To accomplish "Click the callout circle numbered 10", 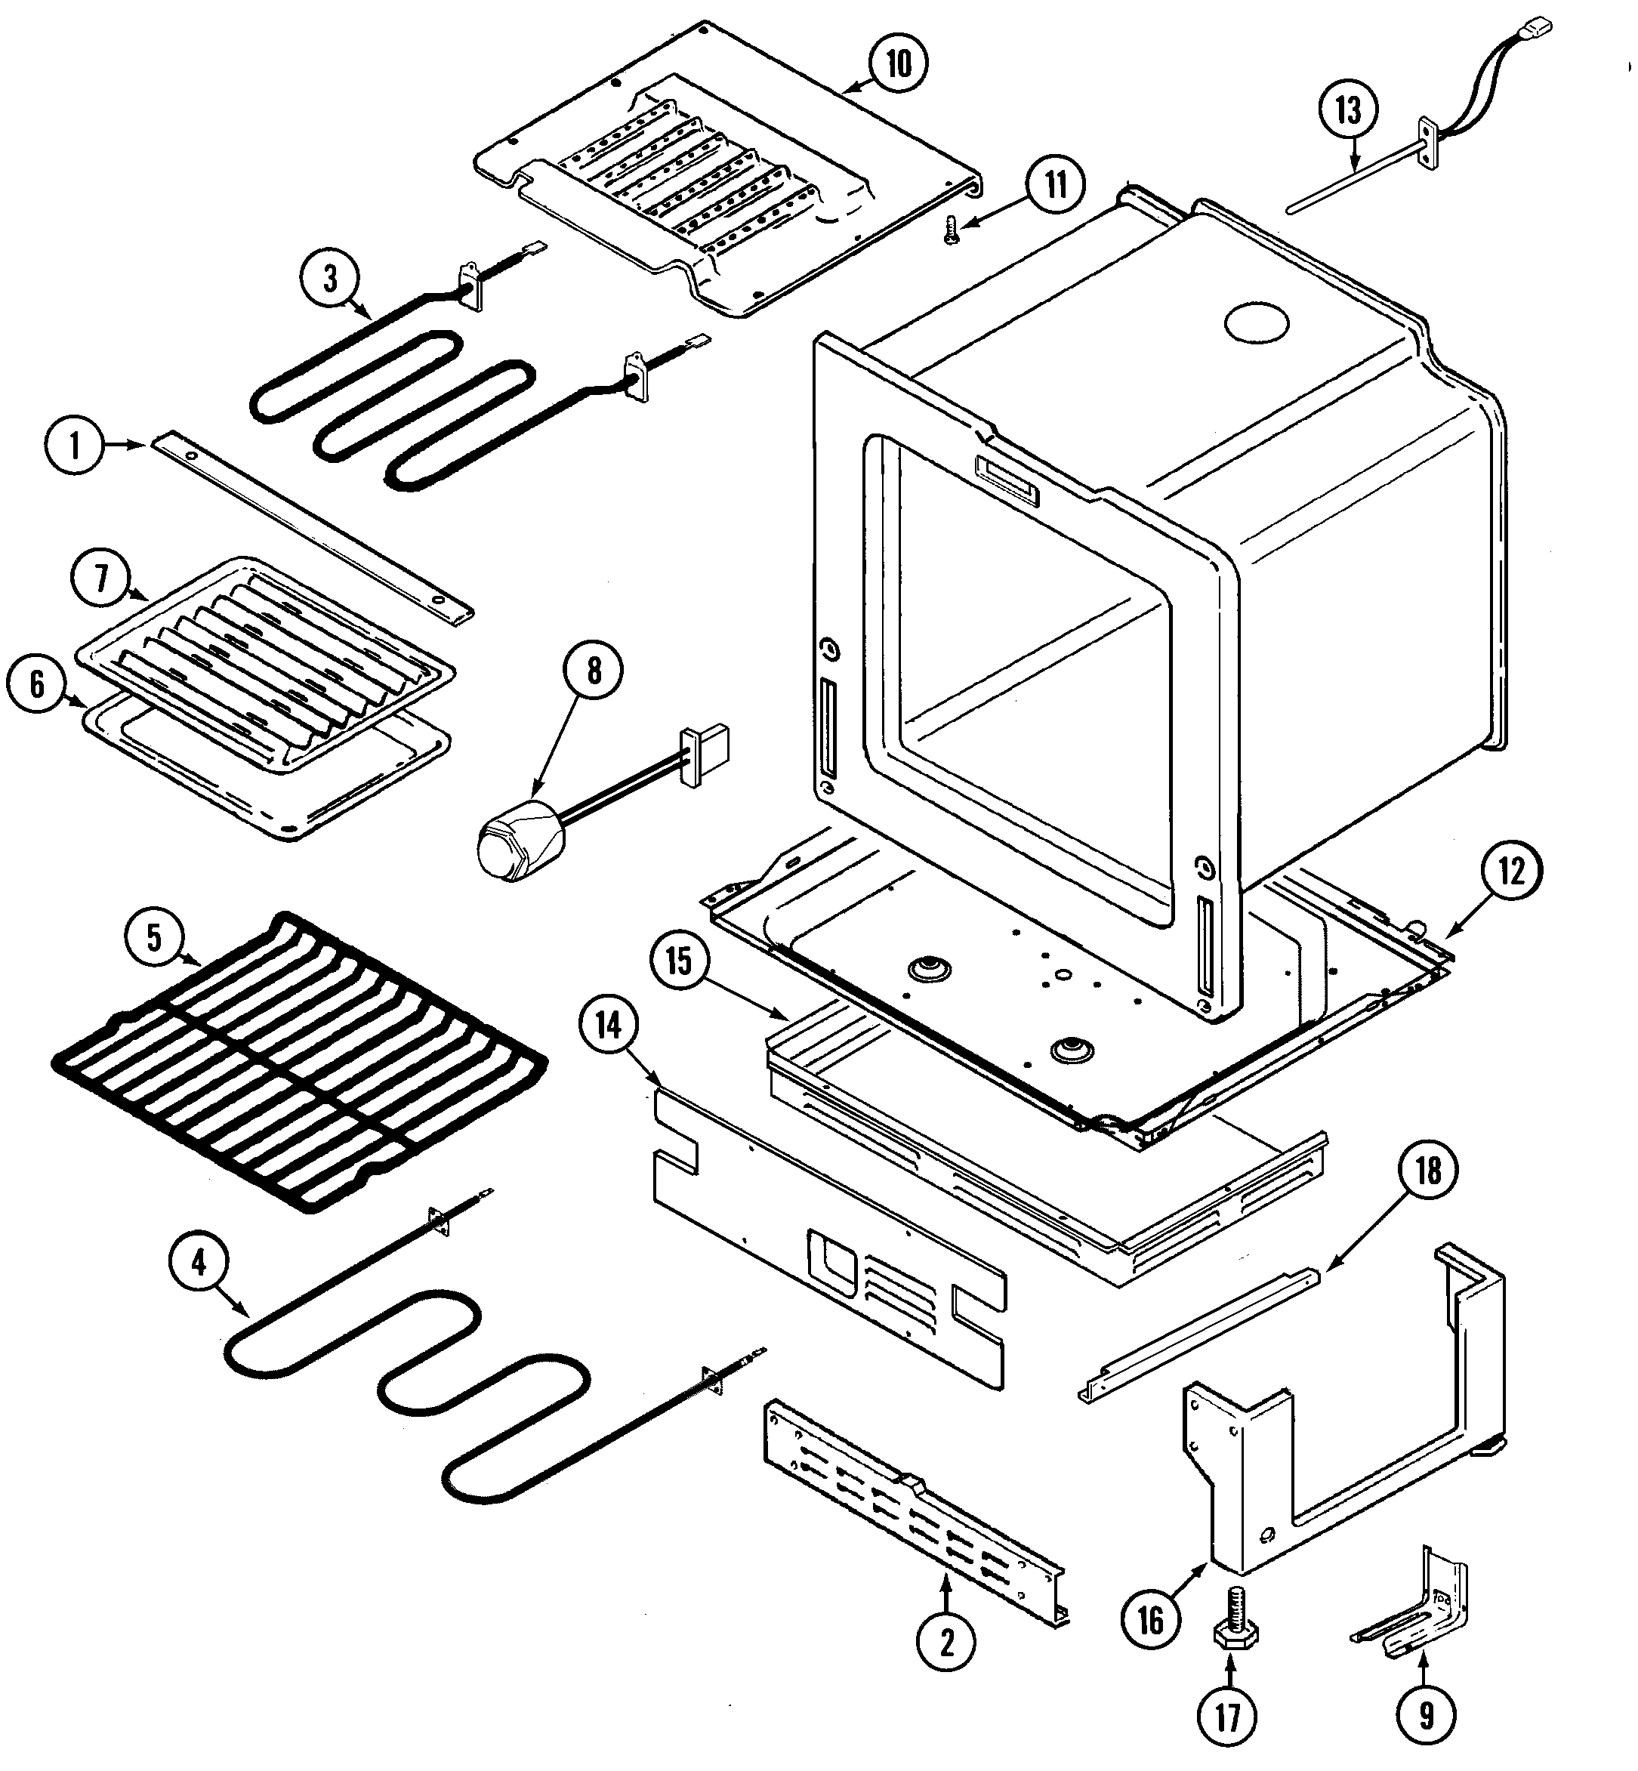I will [898, 64].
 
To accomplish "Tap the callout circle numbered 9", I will [1425, 1715].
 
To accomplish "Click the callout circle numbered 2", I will [945, 1643].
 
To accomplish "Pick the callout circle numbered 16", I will [1149, 1620].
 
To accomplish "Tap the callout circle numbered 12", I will [1510, 872].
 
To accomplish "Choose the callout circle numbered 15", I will [679, 960].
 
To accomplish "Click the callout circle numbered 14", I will [608, 1026].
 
